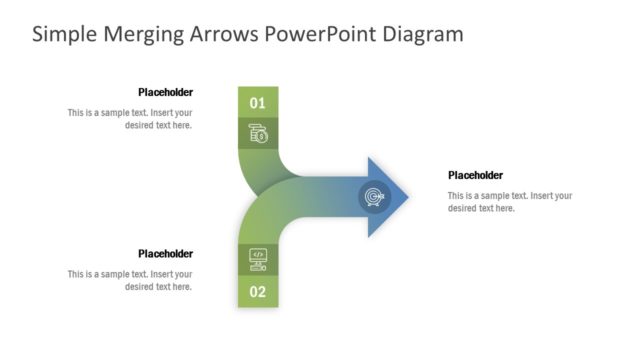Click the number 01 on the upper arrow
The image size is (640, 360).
[x=257, y=103]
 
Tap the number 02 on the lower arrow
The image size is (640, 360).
[x=257, y=292]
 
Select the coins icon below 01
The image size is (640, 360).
[x=257, y=133]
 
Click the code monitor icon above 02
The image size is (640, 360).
[x=257, y=258]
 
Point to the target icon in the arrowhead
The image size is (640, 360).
[x=374, y=197]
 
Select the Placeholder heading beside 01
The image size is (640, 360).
[x=165, y=92]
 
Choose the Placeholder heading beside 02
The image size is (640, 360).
[x=165, y=254]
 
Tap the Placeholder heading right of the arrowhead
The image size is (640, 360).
[x=475, y=175]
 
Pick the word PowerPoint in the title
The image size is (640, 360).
[x=315, y=34]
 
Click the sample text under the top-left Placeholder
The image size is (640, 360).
[x=131, y=119]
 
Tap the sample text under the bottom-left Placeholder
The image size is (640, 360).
[x=131, y=281]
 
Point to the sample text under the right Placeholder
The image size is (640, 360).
[x=509, y=202]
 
